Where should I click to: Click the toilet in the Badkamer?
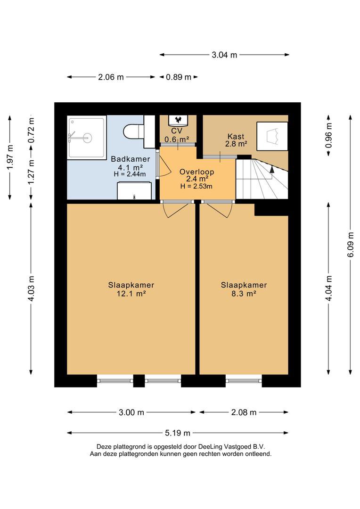click(133, 131)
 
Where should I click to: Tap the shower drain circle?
click(87, 138)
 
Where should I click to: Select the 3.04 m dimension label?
click(224, 55)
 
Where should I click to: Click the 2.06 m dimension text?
click(111, 77)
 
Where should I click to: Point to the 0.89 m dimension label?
click(179, 77)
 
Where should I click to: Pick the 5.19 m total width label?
click(178, 433)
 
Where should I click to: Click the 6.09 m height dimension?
click(351, 245)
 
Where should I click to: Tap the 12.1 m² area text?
click(131, 294)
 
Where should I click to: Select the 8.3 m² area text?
click(244, 294)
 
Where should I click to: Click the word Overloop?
click(196, 172)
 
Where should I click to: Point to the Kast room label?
click(236, 136)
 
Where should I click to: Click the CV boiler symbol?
click(178, 120)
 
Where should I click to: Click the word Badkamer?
click(131, 159)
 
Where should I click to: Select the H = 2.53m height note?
click(196, 186)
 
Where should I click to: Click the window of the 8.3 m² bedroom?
click(244, 380)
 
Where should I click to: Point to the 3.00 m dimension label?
click(131, 412)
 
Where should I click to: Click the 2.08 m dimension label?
click(244, 412)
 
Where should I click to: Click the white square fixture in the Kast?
click(272, 136)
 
